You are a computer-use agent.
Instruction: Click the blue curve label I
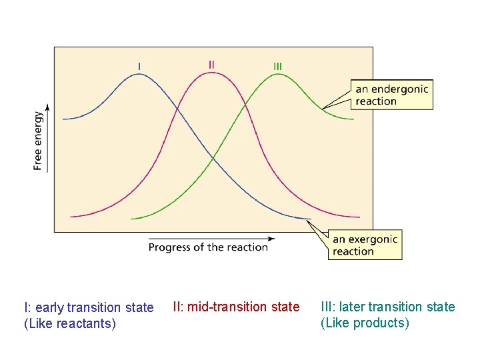click(139, 65)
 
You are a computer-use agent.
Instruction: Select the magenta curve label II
click(211, 65)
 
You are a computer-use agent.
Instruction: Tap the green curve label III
click(277, 66)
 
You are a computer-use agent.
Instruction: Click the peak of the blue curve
click(139, 74)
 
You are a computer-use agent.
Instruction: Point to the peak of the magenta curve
click(211, 72)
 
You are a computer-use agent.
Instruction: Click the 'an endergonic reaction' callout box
click(391, 95)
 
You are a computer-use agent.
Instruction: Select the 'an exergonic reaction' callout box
click(365, 245)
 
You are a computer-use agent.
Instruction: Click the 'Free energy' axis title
click(38, 141)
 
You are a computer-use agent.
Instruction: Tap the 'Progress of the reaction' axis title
click(208, 247)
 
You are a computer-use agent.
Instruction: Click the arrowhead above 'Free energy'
click(47, 106)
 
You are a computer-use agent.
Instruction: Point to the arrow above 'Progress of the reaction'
click(212, 238)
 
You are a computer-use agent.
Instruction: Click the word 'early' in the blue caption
click(50, 307)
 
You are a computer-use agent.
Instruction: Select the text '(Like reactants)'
click(70, 324)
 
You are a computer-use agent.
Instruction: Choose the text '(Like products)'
click(365, 323)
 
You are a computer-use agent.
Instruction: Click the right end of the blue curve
click(310, 219)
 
